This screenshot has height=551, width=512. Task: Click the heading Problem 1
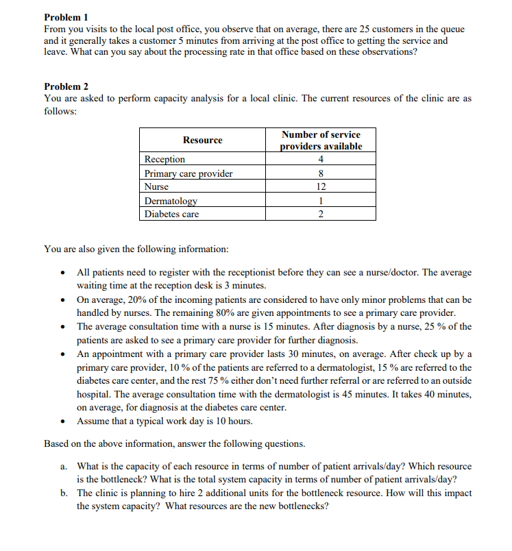[66, 16]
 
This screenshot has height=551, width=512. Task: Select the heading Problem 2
[66, 86]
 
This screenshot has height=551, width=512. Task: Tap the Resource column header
[202, 140]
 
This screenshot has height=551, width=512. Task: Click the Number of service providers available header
[321, 140]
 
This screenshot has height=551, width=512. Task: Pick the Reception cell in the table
[164, 160]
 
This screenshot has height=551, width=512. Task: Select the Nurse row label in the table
[156, 187]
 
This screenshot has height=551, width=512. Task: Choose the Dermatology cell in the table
[171, 201]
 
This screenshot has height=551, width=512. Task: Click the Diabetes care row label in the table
[171, 215]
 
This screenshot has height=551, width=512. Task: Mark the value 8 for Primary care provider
[321, 173]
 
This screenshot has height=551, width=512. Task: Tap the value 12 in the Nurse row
[321, 187]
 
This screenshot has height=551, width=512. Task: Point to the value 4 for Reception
[321, 160]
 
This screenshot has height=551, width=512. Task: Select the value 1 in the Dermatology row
[321, 201]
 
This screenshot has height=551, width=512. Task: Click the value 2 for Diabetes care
[321, 215]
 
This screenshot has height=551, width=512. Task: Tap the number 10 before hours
[209, 421]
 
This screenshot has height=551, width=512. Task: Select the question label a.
[63, 466]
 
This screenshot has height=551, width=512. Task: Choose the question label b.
[63, 493]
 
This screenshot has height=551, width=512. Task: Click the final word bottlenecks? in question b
[301, 506]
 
